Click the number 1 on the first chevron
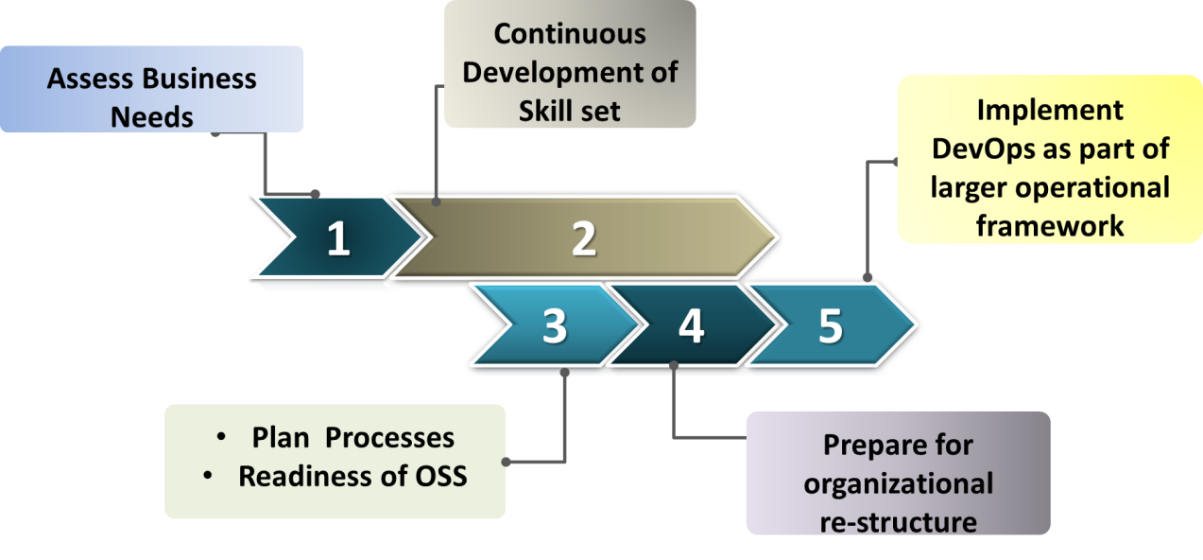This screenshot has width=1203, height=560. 338,238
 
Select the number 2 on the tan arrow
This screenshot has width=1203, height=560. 584,238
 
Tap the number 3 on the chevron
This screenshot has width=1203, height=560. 554,325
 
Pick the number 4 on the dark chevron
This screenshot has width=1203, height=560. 691,325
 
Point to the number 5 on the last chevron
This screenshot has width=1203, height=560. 831,325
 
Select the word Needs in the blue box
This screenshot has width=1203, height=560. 151,117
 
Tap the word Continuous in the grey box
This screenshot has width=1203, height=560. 570,34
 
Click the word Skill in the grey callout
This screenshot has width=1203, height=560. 540,111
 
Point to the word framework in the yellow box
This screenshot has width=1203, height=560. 1050,226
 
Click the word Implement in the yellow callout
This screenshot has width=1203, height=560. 1050,111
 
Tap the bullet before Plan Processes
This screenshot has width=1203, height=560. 221,436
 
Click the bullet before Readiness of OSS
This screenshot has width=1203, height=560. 208,475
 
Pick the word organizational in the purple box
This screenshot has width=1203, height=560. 898,483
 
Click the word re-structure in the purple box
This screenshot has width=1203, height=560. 898,522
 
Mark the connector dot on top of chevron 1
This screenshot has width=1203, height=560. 316,194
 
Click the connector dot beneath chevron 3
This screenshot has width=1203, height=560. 564,372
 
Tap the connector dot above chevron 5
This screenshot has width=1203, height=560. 868,277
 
